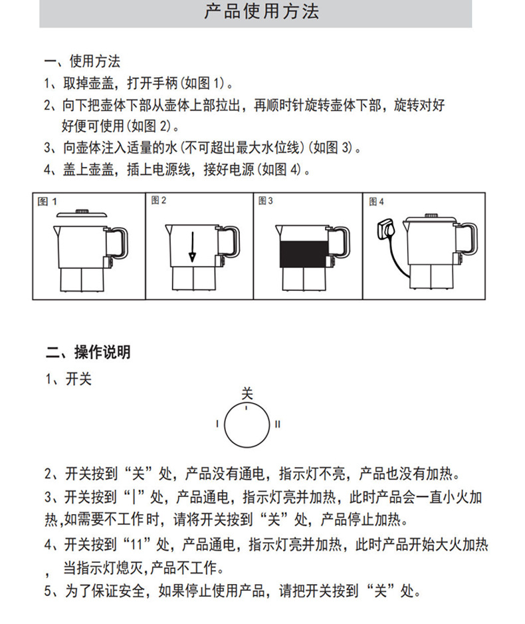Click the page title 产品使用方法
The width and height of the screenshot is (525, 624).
click(x=262, y=11)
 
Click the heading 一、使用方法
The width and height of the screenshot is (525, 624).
click(x=82, y=61)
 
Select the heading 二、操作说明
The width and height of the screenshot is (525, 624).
click(x=88, y=352)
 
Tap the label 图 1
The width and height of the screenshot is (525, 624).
click(x=47, y=202)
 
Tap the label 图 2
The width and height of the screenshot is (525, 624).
click(x=159, y=200)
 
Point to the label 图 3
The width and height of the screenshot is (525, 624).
click(x=265, y=201)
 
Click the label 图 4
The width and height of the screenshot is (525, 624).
click(x=376, y=202)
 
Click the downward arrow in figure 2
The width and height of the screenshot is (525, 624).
click(x=192, y=247)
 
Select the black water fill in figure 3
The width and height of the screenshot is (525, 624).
click(x=304, y=254)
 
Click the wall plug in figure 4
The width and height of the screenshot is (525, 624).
click(x=384, y=228)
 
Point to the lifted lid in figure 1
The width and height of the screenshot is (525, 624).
click(x=82, y=214)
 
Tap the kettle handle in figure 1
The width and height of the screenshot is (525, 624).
click(x=118, y=243)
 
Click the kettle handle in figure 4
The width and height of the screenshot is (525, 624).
click(x=467, y=239)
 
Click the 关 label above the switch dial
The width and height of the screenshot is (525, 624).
click(x=247, y=394)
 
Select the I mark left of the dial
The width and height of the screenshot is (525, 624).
click(x=217, y=424)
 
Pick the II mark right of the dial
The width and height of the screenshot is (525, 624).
click(x=277, y=424)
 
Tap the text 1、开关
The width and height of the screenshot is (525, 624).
click(x=68, y=379)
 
